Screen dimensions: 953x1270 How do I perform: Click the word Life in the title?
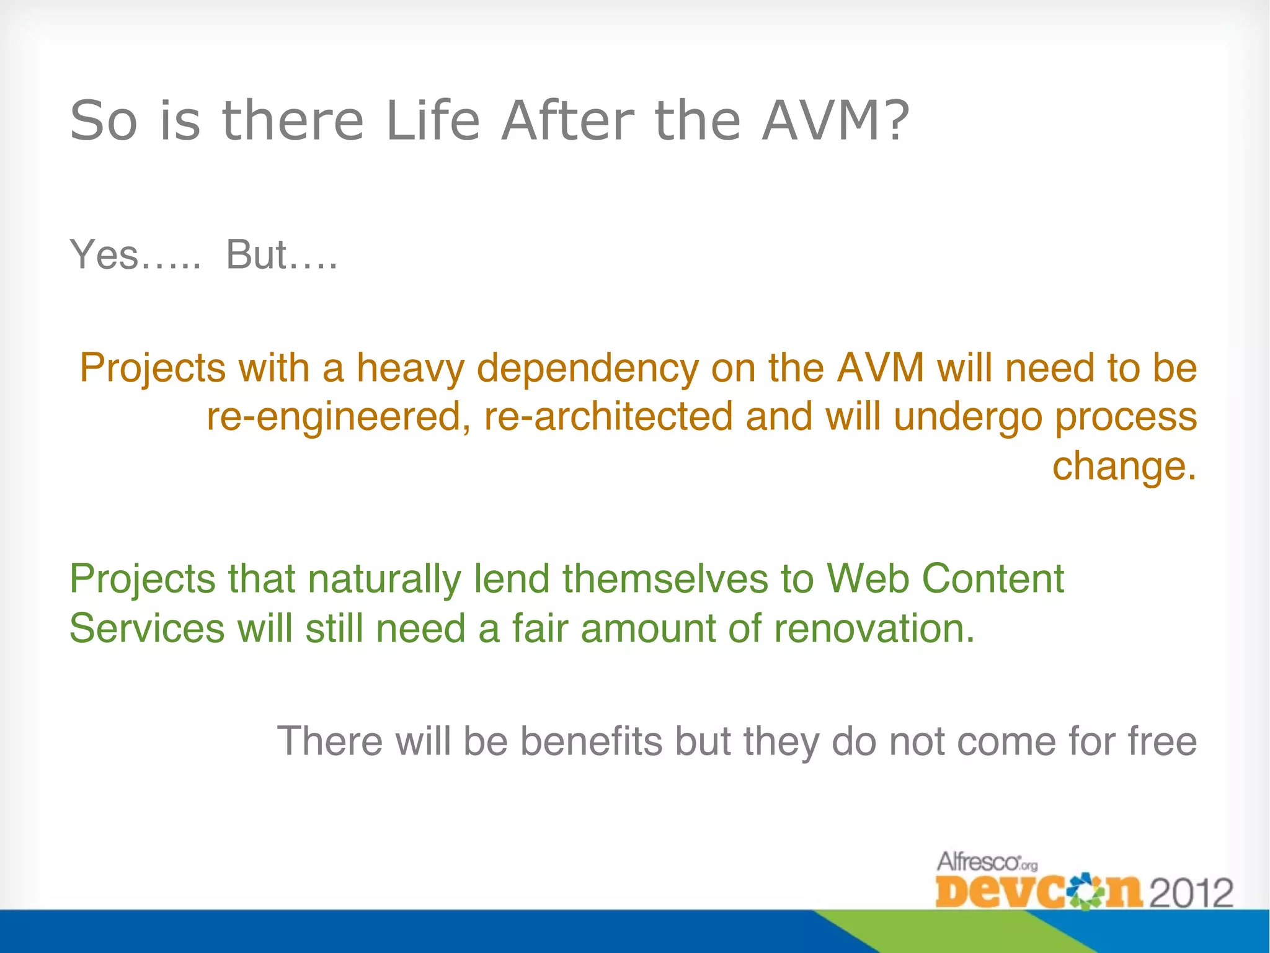pyautogui.click(x=432, y=120)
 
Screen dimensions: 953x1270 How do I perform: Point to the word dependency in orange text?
pyautogui.click(x=587, y=369)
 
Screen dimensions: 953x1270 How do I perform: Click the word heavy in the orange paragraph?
pyautogui.click(x=409, y=369)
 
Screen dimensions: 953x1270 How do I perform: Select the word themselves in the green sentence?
pyautogui.click(x=665, y=579)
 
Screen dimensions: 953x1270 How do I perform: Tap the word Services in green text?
pyautogui.click(x=147, y=629)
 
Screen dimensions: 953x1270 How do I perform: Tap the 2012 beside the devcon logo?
pyautogui.click(x=1191, y=893)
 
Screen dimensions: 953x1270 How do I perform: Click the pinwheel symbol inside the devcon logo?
pyautogui.click(x=1083, y=893)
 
